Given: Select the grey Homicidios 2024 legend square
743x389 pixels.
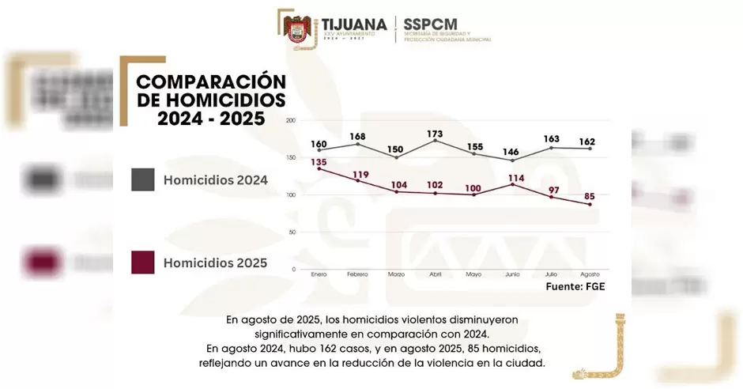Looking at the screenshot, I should pyautogui.click(x=142, y=179).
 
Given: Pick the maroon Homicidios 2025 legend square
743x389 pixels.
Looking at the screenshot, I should pyautogui.click(x=142, y=262).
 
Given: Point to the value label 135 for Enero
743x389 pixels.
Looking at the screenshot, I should pyautogui.click(x=319, y=163).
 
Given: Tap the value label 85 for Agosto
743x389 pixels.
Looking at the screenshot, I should pyautogui.click(x=589, y=197).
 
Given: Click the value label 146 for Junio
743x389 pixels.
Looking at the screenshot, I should pyautogui.click(x=511, y=153).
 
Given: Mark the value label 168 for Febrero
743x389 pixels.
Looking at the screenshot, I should pyautogui.click(x=358, y=138).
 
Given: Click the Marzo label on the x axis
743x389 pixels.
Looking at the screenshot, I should pyautogui.click(x=396, y=274).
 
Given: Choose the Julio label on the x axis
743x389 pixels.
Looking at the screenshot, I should pyautogui.click(x=550, y=274).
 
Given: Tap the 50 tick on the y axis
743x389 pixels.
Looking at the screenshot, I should pyautogui.click(x=292, y=232).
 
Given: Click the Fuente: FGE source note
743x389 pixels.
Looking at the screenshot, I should pyautogui.click(x=575, y=286).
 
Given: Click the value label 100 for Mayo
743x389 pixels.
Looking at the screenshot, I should pyautogui.click(x=473, y=188).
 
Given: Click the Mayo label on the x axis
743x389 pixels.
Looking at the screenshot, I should pyautogui.click(x=473, y=274).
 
